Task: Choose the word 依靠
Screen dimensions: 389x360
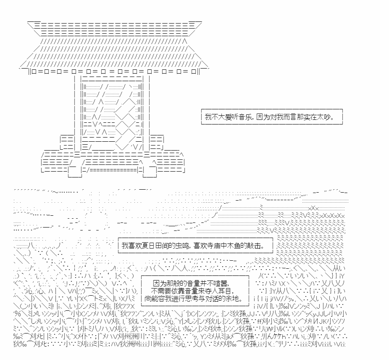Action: [x=180, y=291]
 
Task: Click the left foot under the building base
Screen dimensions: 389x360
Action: [x=75, y=175]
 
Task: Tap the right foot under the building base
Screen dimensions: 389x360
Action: [x=150, y=175]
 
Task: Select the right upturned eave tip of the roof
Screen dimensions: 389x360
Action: [x=208, y=69]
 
